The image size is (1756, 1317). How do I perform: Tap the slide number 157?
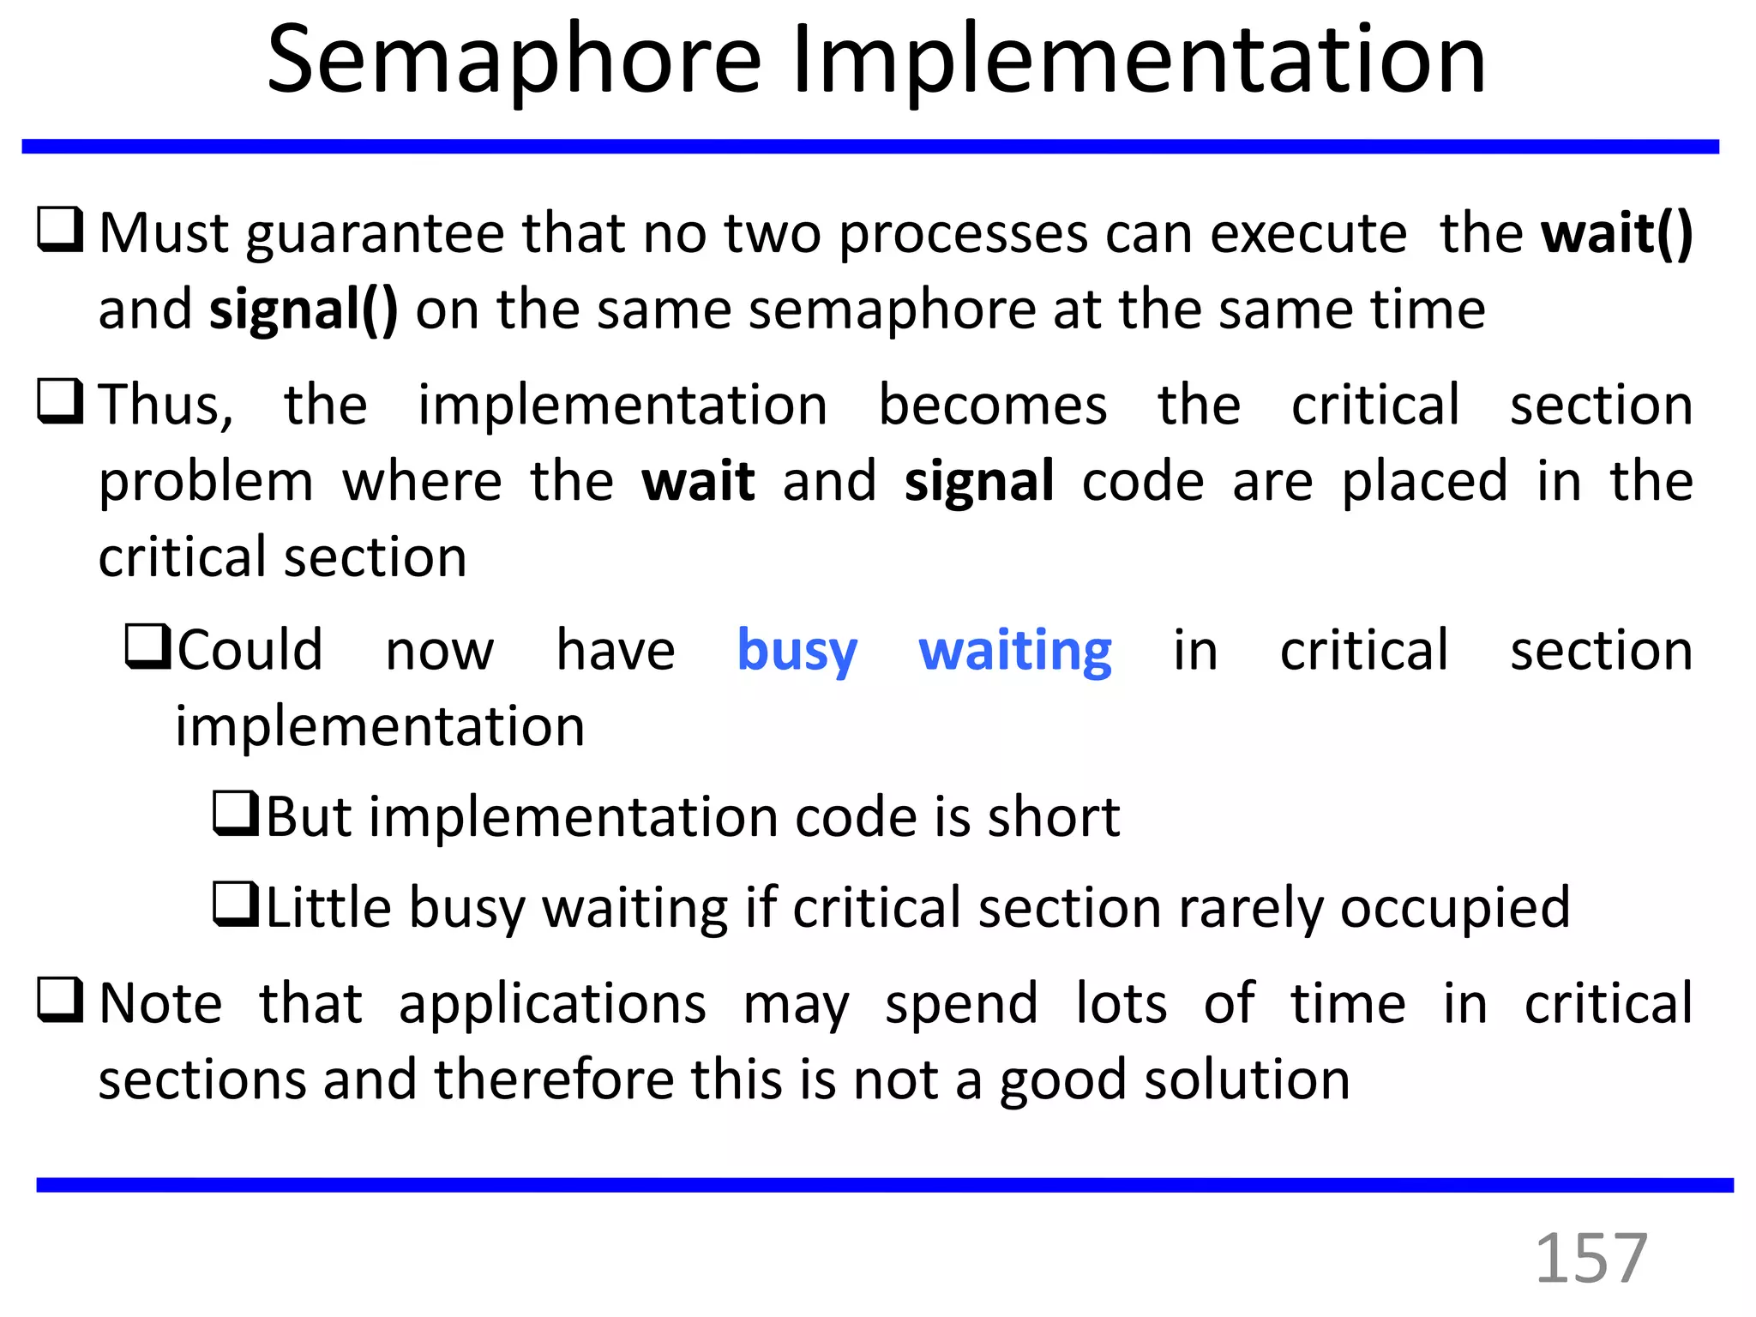pos(1591,1258)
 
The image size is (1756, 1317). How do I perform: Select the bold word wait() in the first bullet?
pos(1617,233)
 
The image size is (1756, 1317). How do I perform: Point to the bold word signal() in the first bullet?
pos(304,310)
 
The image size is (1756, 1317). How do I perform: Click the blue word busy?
pos(797,652)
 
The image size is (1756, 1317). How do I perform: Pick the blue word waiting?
pos(1015,652)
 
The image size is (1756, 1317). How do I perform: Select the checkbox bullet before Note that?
pos(60,1000)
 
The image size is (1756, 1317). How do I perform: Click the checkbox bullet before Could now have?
pos(149,646)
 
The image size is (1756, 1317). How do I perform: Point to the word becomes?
pos(993,405)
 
